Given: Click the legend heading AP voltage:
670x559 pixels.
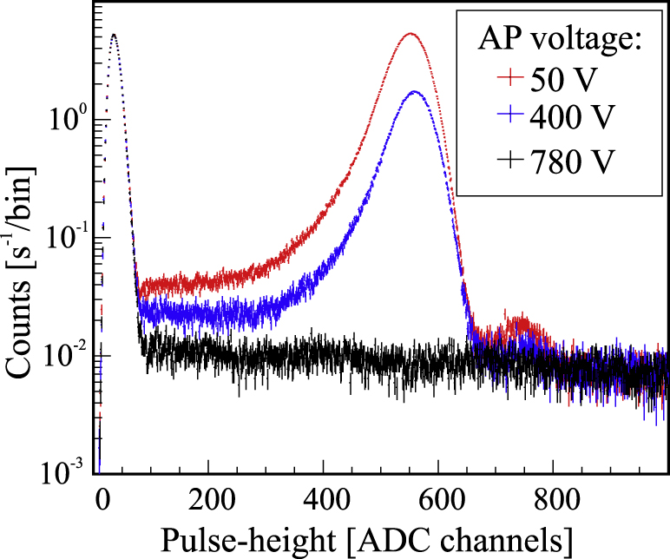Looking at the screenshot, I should coord(560,39).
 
